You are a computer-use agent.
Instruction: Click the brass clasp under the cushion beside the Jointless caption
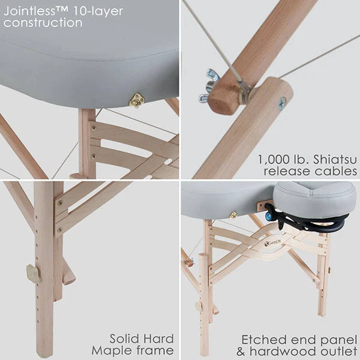[137, 100]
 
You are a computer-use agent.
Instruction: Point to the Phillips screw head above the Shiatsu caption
[281, 103]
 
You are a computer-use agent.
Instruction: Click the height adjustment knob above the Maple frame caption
[32, 274]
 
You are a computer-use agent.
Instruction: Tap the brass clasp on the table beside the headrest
[233, 214]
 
